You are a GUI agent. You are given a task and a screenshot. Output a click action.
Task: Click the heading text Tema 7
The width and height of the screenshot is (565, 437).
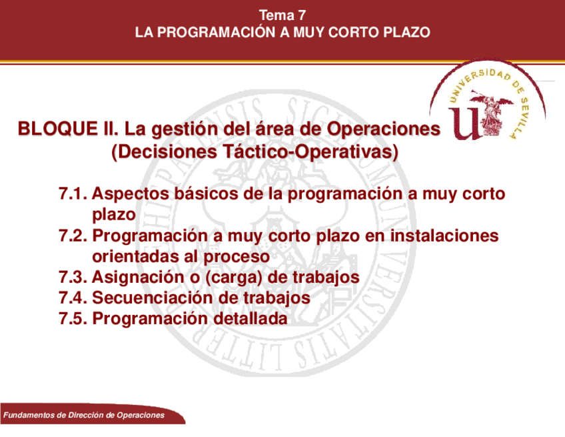(282, 15)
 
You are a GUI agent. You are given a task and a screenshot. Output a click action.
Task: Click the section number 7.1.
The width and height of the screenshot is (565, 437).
(73, 195)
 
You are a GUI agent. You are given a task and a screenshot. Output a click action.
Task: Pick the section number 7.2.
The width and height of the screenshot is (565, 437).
(73, 236)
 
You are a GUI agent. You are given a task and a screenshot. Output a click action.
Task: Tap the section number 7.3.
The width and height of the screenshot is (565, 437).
(73, 278)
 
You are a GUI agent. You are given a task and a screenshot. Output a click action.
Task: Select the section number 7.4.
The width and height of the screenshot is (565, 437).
(73, 298)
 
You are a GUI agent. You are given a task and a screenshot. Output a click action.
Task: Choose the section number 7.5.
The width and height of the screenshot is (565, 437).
(73, 319)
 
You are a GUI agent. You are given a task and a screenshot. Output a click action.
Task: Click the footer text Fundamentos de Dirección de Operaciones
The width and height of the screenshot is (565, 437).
(84, 416)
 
